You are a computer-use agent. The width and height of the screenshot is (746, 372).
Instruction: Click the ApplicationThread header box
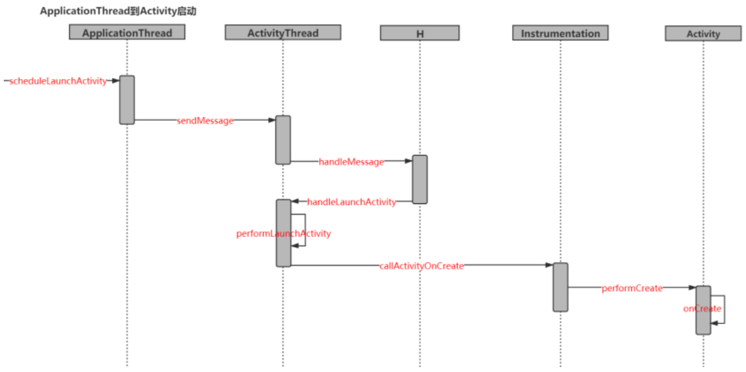coord(127,32)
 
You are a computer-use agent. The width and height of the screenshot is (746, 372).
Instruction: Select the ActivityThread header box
coord(282,32)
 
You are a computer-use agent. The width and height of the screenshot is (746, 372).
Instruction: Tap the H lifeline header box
coord(419,33)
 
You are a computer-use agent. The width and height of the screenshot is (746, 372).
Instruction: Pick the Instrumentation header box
coord(560,33)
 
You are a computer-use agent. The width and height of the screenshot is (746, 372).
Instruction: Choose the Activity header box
coord(703,34)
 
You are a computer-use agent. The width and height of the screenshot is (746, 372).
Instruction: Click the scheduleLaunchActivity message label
coord(58,81)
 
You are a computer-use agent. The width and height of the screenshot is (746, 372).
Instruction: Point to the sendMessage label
coord(205,121)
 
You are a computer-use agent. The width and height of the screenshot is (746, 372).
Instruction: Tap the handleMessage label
coord(351,162)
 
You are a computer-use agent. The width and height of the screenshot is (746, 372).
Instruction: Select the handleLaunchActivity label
coord(351,202)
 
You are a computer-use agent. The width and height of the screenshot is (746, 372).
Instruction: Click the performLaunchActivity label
coord(284,233)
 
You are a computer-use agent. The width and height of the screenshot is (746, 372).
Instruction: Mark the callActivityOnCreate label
coord(422,266)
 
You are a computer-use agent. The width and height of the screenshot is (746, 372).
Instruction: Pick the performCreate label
coord(632,288)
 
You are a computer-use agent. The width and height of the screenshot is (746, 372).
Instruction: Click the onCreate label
coord(702,309)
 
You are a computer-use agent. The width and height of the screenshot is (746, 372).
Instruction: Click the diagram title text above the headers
coord(118,11)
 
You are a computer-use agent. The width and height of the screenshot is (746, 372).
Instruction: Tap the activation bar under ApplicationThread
coord(127,100)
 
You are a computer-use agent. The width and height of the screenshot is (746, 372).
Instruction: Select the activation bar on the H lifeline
coord(419,179)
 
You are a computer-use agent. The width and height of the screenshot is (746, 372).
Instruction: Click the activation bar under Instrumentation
coord(560,287)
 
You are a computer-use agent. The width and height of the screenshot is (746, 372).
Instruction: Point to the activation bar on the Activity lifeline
coord(703,310)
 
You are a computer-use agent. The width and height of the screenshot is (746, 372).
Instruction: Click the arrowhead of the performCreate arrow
coord(692,288)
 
